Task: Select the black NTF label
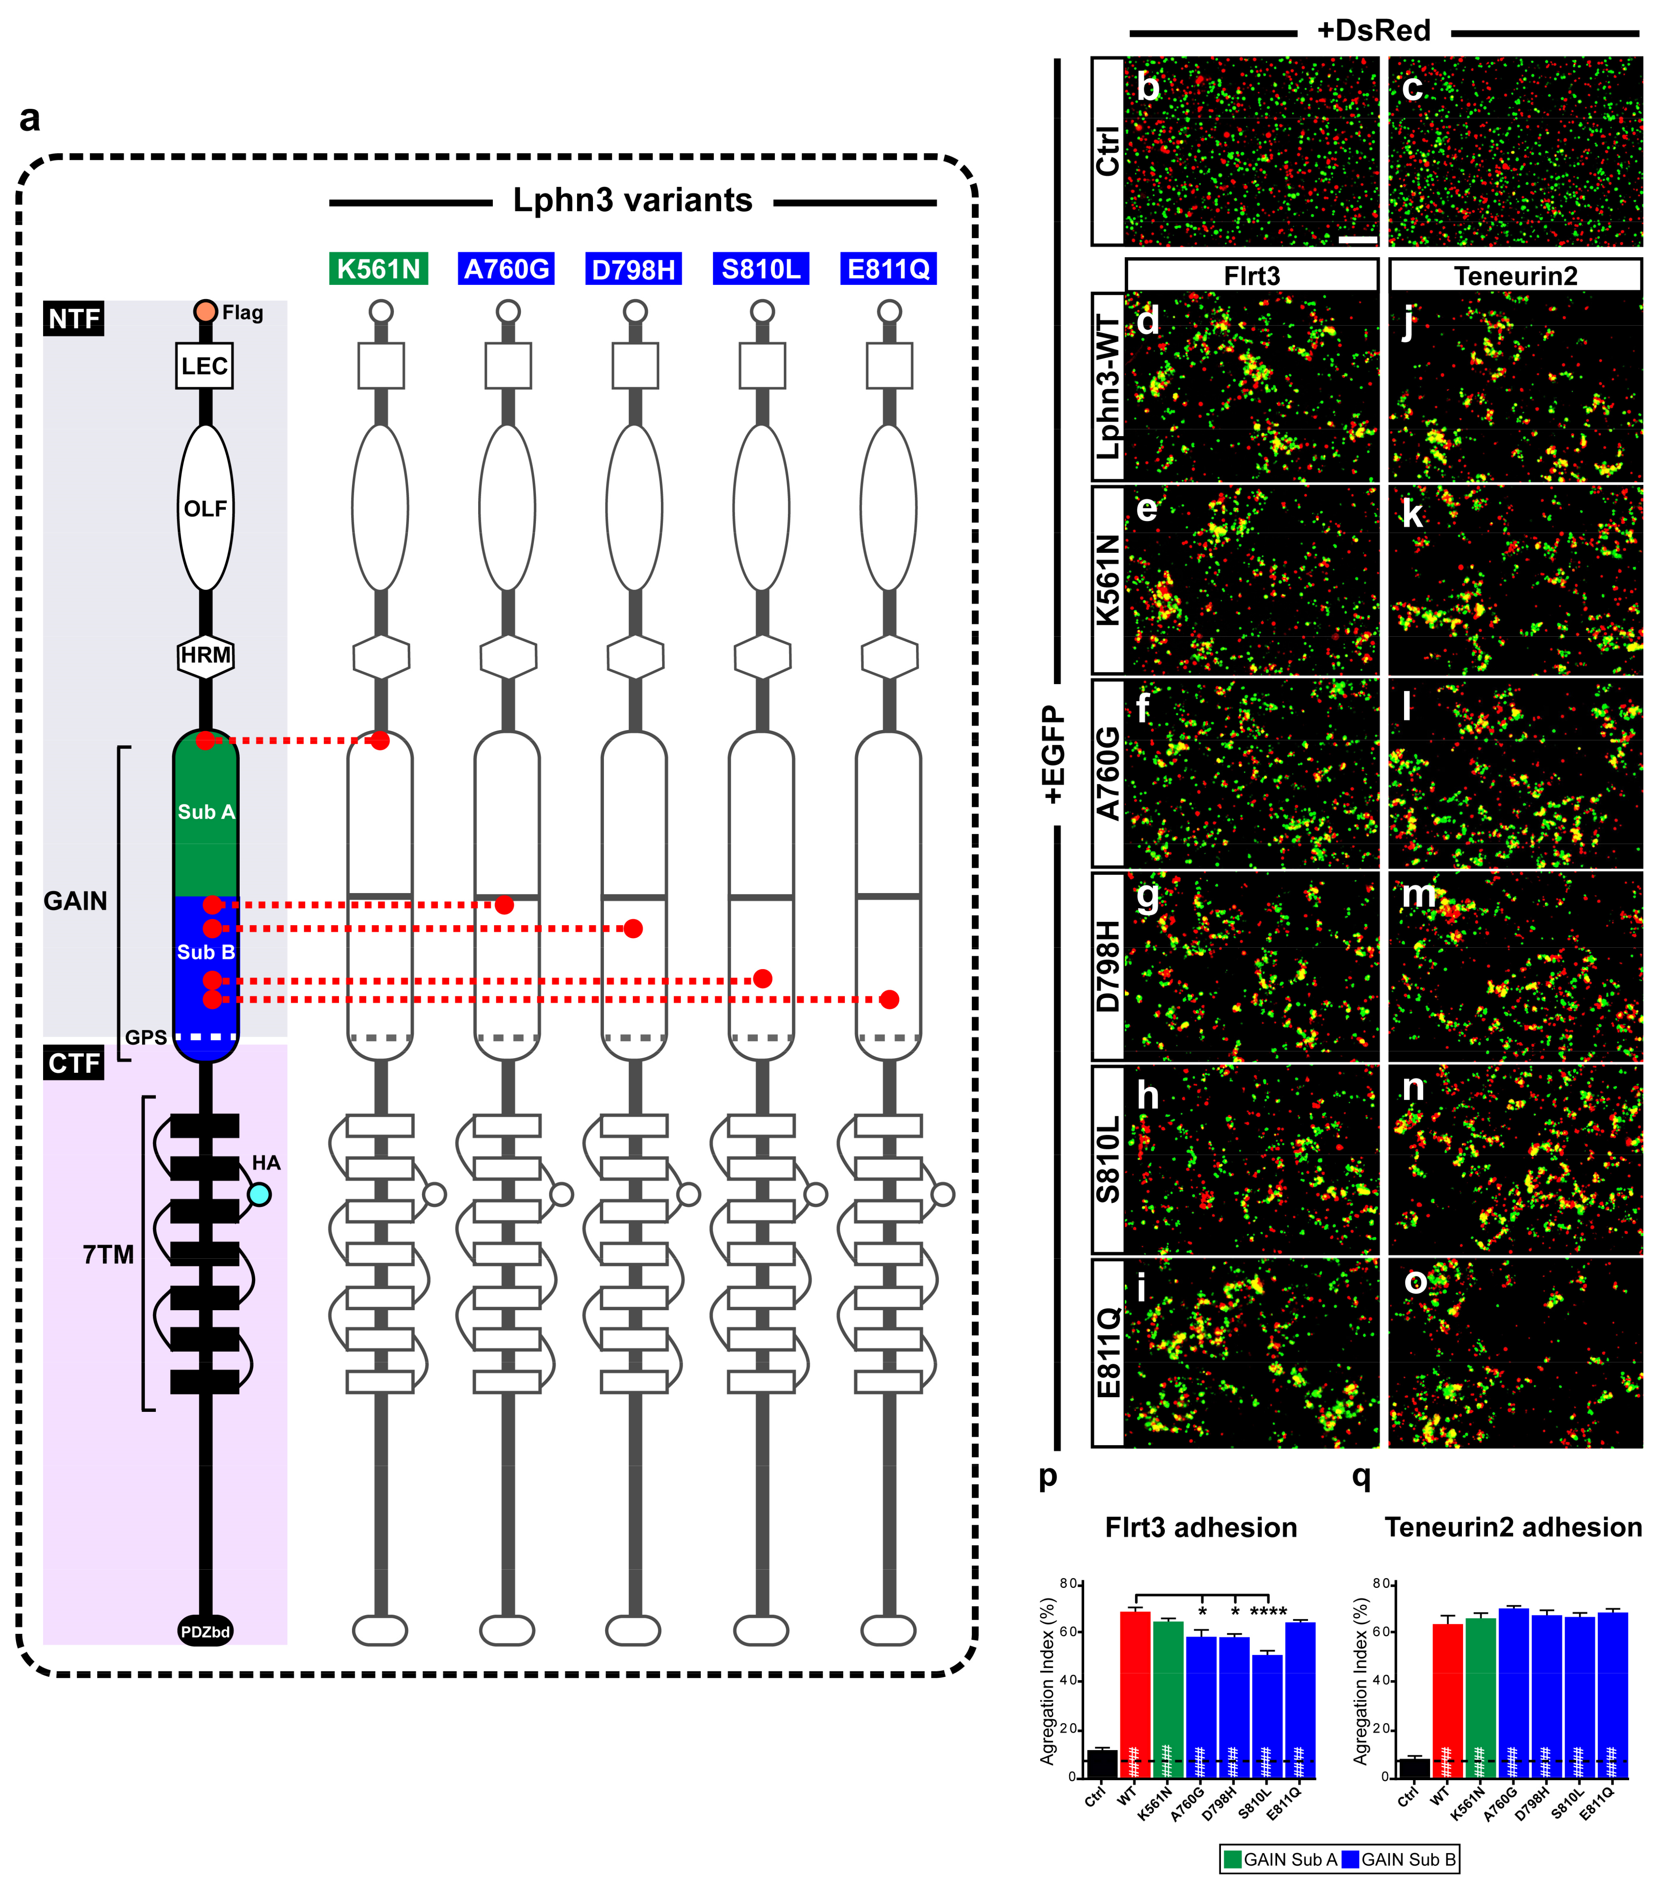pyautogui.click(x=74, y=319)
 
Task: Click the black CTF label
pyautogui.click(x=74, y=1063)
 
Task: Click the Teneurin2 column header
pyautogui.click(x=1516, y=276)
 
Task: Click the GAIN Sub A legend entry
pyautogui.click(x=1279, y=1859)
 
